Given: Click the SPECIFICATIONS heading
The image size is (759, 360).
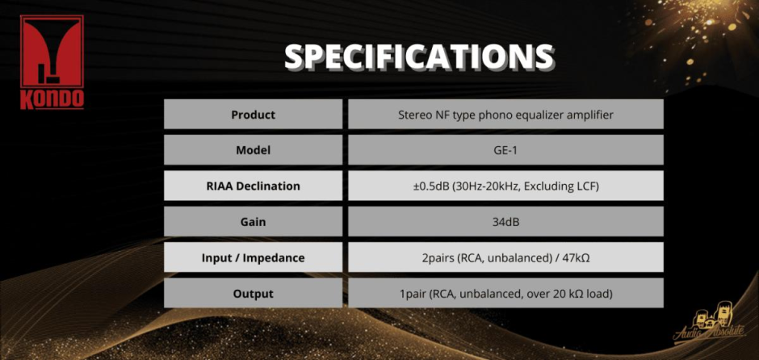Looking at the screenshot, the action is [x=419, y=57].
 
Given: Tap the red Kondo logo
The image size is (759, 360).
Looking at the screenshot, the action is [x=52, y=62].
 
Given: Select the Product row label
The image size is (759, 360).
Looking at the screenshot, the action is [x=254, y=115].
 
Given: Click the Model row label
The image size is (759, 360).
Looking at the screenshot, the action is [x=254, y=150].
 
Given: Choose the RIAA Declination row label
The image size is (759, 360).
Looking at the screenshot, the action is [x=254, y=186].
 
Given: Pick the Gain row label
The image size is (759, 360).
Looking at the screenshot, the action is [x=254, y=222].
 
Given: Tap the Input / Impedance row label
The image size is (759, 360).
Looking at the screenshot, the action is [x=254, y=258].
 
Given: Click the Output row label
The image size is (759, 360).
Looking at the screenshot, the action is [x=254, y=294].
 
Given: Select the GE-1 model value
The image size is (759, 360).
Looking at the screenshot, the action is [x=505, y=150].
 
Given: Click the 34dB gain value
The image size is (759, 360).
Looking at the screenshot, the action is [x=505, y=222].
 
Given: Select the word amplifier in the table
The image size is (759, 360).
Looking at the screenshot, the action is [x=591, y=115].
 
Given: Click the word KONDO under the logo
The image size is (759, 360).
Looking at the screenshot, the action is [x=52, y=98].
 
